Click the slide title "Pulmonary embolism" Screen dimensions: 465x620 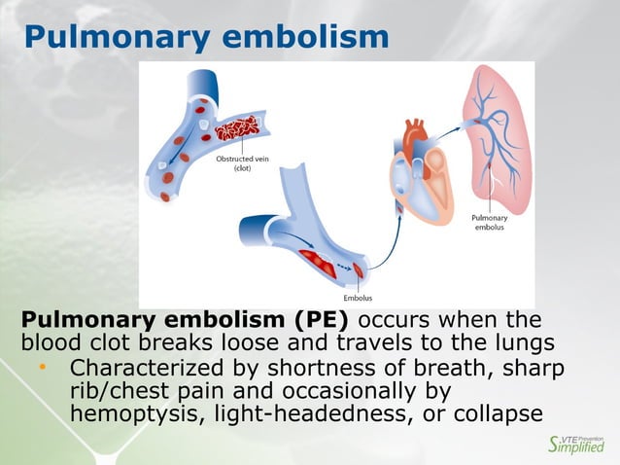tap(205, 37)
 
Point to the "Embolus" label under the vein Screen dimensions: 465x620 tap(359, 297)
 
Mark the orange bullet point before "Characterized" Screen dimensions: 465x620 tap(43, 368)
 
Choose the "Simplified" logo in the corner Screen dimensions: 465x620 tap(576, 446)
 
